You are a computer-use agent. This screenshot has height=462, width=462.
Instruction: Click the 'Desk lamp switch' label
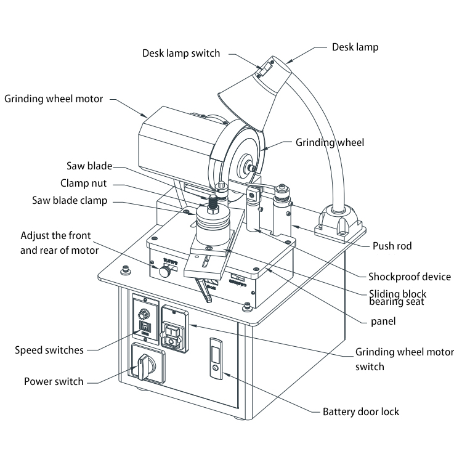point(180,53)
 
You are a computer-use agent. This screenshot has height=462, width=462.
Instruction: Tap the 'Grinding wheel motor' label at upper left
point(54,99)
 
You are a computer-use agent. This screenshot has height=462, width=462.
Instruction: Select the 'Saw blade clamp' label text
point(70,201)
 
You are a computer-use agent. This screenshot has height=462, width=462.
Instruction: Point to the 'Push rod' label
point(392,246)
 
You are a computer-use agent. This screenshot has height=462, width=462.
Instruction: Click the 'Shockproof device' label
point(409,276)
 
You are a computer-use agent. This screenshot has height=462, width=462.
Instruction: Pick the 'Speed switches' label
point(49,351)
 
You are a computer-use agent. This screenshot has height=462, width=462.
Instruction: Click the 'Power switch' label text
point(54,381)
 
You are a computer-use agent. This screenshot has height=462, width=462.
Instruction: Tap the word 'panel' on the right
point(383,321)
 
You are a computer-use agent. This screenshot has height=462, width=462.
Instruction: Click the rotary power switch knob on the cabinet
point(144,365)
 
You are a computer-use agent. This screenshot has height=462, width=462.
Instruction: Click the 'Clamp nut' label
point(83,183)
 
